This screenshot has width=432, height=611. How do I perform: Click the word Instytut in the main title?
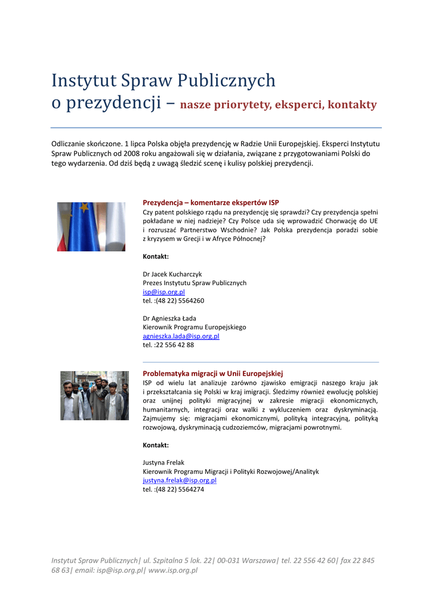[x=84, y=81]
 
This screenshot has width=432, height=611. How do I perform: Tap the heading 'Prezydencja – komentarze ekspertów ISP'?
[x=211, y=203]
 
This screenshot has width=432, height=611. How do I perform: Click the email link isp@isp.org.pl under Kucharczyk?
[x=163, y=292]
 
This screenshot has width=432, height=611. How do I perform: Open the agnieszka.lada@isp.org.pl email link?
[x=181, y=336]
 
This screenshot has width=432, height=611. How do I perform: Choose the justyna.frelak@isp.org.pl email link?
[x=179, y=480]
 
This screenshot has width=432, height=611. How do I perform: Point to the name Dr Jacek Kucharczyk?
[x=172, y=274]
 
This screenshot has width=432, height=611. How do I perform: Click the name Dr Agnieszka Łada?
[x=169, y=318]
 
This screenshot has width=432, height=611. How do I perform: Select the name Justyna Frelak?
[x=163, y=462]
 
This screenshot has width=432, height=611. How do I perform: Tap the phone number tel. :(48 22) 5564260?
[x=173, y=301]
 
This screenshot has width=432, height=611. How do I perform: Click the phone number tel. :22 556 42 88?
[x=168, y=345]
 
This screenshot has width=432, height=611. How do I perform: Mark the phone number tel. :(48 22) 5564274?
[x=173, y=489]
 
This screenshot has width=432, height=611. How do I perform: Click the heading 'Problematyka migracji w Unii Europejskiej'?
[x=212, y=374]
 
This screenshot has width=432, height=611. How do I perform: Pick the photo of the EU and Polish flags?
[x=91, y=227]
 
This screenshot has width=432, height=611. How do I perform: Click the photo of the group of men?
[x=94, y=396]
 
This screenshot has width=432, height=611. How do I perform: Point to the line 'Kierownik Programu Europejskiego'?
[x=194, y=327]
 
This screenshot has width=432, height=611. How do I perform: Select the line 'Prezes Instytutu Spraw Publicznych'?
[x=195, y=283]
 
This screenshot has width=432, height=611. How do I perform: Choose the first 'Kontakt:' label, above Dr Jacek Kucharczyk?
[x=156, y=257]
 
